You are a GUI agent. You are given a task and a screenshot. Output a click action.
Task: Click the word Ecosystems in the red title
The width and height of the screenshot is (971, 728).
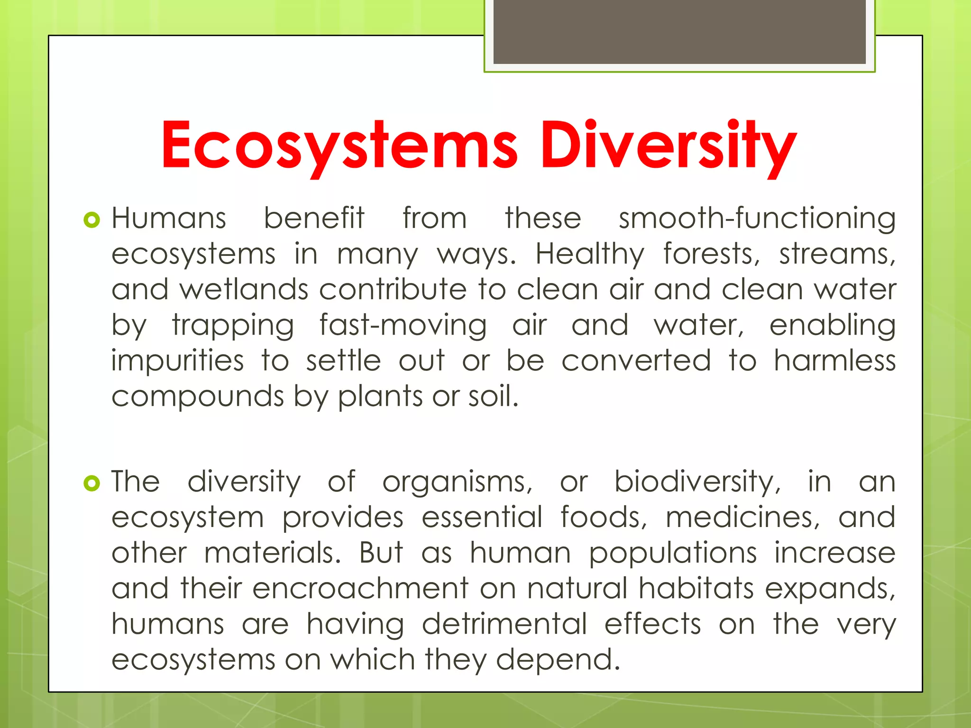coord(339,145)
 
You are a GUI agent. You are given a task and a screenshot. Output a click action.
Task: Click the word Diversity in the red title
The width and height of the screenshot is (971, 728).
coord(669,145)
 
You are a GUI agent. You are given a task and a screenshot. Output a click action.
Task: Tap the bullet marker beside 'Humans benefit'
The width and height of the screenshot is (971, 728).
coord(92,220)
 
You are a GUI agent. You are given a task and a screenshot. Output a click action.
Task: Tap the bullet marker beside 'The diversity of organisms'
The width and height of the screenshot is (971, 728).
coord(92,483)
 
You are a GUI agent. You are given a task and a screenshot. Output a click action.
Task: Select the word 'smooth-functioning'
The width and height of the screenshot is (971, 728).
coord(757,219)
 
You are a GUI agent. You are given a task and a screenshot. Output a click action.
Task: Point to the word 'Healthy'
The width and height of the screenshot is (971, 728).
coord(590,255)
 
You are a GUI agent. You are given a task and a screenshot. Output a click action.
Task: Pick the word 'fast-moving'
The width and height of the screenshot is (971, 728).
coord(403,326)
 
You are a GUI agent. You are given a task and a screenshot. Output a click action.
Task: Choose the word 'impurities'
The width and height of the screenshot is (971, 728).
coord(177,361)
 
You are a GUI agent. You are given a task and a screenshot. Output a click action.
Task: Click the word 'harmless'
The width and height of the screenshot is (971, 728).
coord(834,361)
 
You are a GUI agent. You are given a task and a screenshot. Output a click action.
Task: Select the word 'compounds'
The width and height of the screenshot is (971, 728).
coord(197,397)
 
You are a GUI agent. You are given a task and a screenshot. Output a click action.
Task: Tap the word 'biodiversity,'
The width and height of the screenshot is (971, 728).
coord(697,482)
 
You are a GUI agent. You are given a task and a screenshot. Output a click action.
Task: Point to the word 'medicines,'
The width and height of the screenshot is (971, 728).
coord(742,517)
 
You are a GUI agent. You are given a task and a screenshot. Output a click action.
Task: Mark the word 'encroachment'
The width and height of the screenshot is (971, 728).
coord(360,589)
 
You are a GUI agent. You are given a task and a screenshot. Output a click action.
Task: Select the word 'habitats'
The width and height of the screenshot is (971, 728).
coord(696,589)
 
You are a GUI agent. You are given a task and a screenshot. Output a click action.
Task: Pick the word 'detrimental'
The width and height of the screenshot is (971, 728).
coord(504,624)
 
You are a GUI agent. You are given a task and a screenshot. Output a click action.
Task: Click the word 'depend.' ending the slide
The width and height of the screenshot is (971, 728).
coord(558,660)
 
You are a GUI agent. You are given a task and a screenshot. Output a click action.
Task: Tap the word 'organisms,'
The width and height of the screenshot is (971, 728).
coord(458,482)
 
